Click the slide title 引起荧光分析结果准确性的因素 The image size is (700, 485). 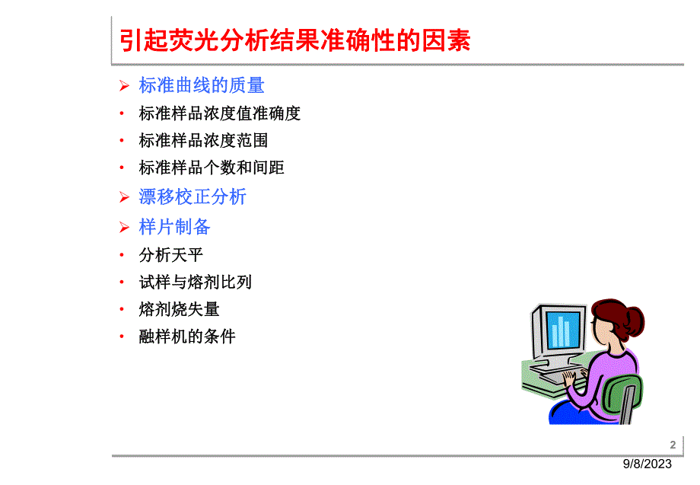[x=295, y=40]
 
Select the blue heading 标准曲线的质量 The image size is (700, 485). [x=202, y=85]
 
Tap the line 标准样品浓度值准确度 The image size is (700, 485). [x=219, y=113]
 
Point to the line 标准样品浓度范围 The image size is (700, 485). [x=203, y=141]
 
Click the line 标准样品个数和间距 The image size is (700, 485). [x=212, y=168]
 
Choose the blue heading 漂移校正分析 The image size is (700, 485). [x=192, y=196]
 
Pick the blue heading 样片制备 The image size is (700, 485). [x=174, y=227]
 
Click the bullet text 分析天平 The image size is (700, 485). [x=170, y=255]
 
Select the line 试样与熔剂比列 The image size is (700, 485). [x=195, y=282]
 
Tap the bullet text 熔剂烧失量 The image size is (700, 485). [x=179, y=309]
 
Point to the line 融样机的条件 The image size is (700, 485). [x=187, y=337]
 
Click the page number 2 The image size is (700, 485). [x=672, y=445]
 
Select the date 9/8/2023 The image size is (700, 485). [x=648, y=464]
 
